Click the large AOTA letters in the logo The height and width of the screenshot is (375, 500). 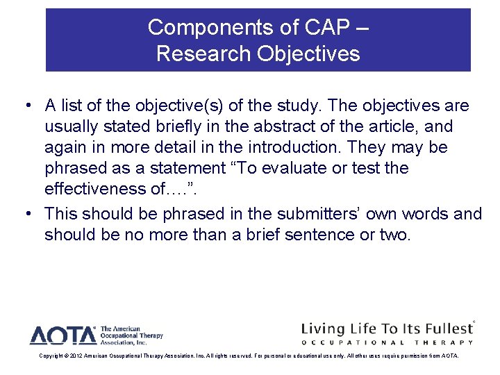pos(62,336)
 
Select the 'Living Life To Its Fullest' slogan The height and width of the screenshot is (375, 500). pos(385,328)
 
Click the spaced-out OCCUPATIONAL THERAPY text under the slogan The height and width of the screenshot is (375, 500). pos(387,342)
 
